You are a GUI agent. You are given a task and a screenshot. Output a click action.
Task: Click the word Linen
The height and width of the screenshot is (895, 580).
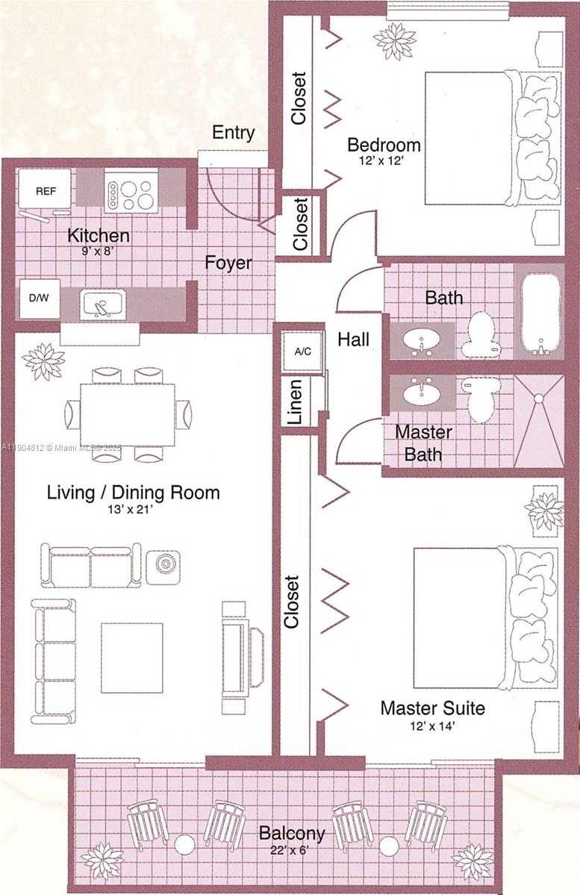tap(296, 402)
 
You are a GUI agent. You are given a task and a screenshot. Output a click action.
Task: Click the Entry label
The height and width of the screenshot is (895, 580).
tap(233, 133)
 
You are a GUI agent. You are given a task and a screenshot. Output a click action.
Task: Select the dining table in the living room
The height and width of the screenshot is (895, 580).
tap(128, 414)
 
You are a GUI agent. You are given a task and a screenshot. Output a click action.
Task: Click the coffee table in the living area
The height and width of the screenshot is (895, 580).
tap(132, 658)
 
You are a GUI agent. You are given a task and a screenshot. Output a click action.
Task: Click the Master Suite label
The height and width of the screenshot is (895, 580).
tap(433, 708)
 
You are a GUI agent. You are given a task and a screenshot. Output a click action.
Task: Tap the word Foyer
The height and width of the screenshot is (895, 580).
tap(229, 263)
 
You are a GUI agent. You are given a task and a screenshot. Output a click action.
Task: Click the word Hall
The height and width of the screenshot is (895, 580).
tap(354, 340)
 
